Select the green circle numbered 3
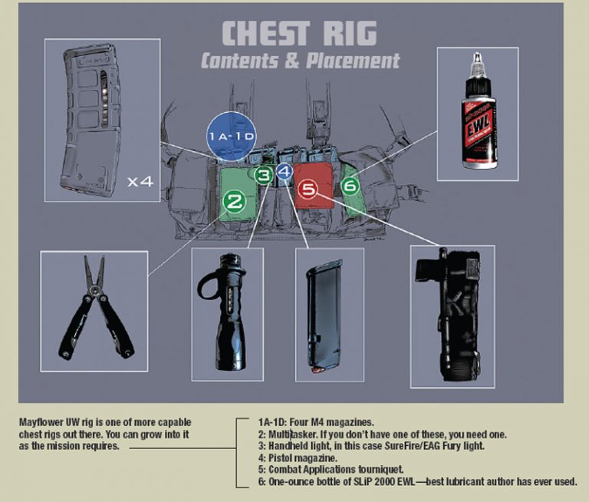[x=264, y=176]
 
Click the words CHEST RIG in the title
[x=299, y=33]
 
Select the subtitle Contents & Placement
[x=300, y=60]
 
